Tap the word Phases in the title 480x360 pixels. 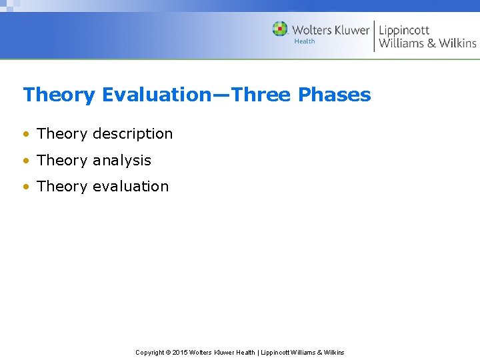pos(334,95)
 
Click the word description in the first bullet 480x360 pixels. pos(133,134)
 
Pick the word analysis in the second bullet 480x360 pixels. pos(122,161)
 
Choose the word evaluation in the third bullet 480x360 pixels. pos(131,187)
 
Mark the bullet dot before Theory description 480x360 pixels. pos(26,135)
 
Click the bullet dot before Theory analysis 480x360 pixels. pos(26,161)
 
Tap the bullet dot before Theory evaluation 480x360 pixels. pos(26,187)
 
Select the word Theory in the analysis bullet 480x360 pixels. pos(62,161)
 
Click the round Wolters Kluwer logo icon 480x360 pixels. pos(280,29)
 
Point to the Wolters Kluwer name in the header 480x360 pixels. pos(330,30)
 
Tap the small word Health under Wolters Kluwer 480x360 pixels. pos(305,41)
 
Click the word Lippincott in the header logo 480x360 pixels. pos(404,30)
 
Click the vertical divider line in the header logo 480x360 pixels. pos(374,36)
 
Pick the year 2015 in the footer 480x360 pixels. pos(180,352)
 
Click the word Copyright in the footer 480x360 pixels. pos(149,352)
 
